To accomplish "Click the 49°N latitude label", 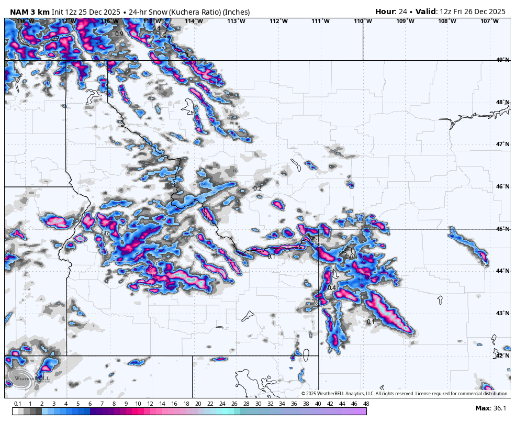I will tap(502, 60).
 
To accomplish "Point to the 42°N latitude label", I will tap(502, 355).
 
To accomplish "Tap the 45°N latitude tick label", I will tap(502, 229).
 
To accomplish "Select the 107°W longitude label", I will tap(490, 21).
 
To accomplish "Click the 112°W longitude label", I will tap(278, 21).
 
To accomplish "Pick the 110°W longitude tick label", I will tap(363, 21).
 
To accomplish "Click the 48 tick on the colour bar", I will tap(366, 404).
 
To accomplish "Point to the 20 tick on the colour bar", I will tap(198, 404).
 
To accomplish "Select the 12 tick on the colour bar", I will tap(150, 404).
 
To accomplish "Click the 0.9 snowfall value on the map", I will tap(119, 34).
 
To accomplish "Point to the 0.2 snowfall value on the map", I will tap(257, 188).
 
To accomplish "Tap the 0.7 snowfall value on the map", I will tap(55, 39).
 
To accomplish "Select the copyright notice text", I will tap(405, 394).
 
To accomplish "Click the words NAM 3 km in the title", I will tap(29, 12).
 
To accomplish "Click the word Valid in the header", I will tap(427, 12).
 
